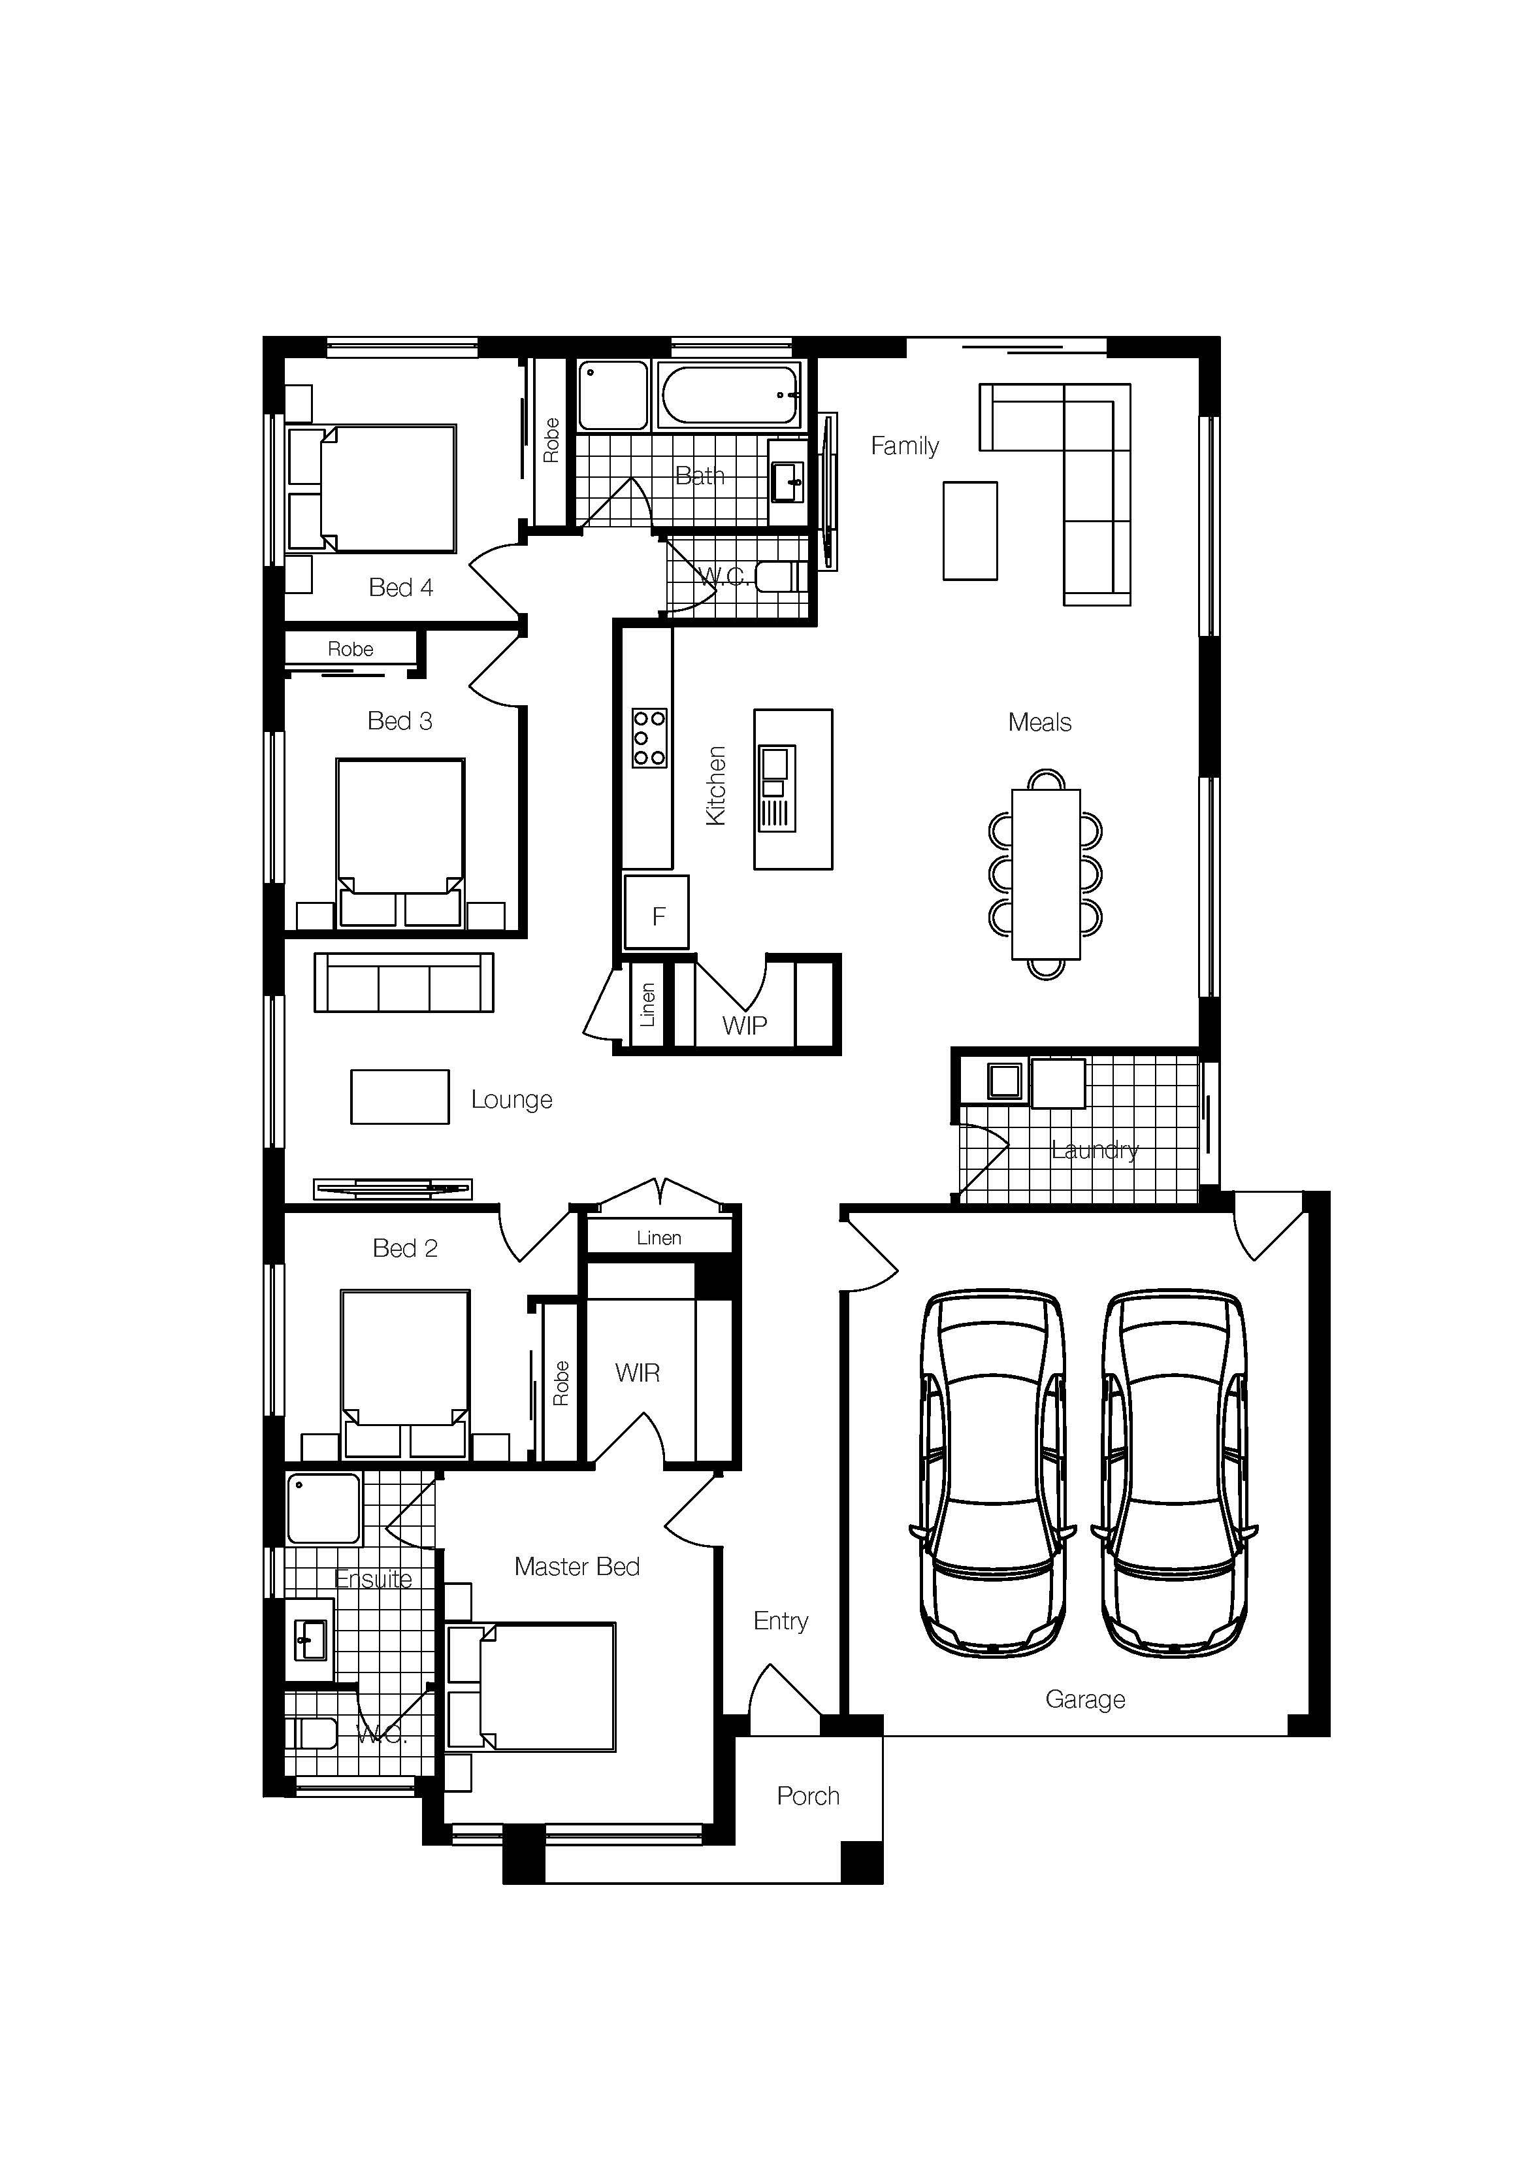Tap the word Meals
pos(1039,722)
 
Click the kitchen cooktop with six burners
pos(649,737)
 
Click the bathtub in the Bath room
pos(730,395)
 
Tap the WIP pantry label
pos(744,1025)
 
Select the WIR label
pos(638,1373)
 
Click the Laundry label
pos(1094,1150)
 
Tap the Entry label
pos(781,1621)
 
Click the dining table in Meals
pos(1045,874)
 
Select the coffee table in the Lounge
pos(399,1096)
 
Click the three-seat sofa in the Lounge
pos(403,983)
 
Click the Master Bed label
pos(576,1566)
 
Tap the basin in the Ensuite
pos(310,1639)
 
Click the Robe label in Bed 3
pos(350,649)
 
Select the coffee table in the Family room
pos(969,530)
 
